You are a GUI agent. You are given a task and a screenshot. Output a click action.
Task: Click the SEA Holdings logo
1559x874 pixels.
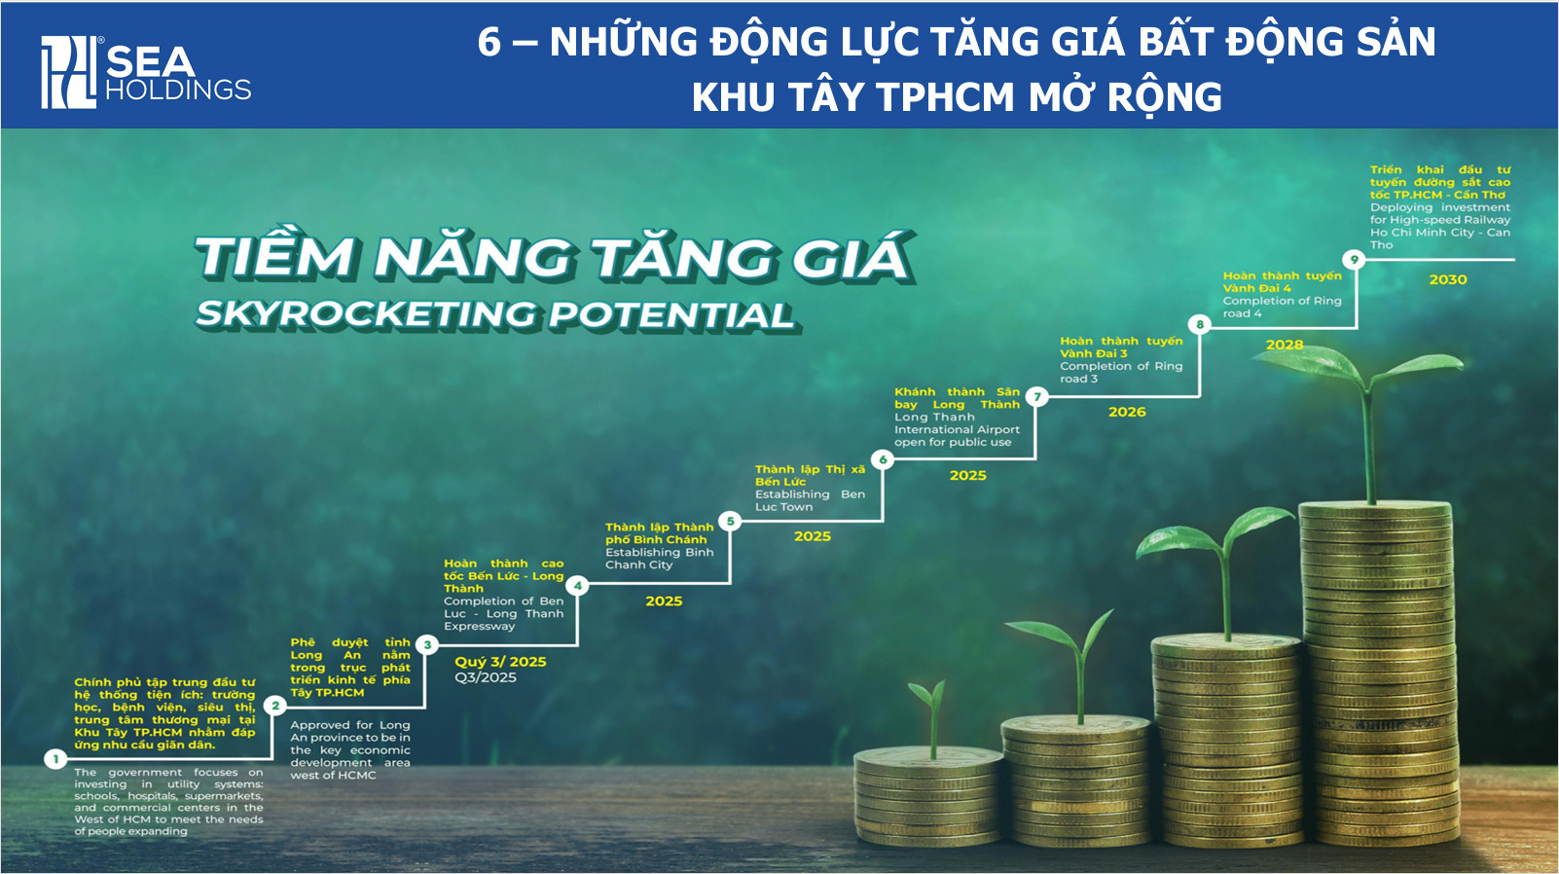146,71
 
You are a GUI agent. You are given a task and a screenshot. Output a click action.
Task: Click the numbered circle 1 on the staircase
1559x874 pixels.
55,759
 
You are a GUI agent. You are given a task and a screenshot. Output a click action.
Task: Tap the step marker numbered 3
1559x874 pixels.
427,644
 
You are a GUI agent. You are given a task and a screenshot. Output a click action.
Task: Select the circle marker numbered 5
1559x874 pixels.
731,521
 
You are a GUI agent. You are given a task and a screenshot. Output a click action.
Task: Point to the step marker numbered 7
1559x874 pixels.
1037,396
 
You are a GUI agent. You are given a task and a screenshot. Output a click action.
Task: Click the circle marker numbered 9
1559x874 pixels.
1354,260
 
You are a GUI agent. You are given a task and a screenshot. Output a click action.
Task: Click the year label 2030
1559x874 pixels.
1447,279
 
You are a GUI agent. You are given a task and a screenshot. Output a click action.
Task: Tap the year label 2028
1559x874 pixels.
1285,345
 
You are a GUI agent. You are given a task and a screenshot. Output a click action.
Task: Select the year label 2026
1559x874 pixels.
1127,412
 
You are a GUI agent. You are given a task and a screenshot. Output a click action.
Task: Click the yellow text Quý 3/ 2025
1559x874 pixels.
500,662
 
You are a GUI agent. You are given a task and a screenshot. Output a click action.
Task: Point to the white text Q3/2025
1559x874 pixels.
486,677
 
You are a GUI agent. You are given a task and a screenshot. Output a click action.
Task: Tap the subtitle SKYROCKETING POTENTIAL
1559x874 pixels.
496,314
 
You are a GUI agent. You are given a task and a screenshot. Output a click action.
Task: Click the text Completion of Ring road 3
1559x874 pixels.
1121,372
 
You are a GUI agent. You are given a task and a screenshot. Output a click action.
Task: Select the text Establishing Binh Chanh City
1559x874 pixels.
659,558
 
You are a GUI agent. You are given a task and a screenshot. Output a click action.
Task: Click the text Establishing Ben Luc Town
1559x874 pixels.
810,500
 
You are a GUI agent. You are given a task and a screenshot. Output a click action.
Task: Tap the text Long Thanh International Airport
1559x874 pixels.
957,429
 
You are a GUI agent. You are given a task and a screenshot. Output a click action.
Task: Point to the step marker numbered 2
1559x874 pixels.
275,706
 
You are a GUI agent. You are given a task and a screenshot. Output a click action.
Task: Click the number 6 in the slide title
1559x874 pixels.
489,42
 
